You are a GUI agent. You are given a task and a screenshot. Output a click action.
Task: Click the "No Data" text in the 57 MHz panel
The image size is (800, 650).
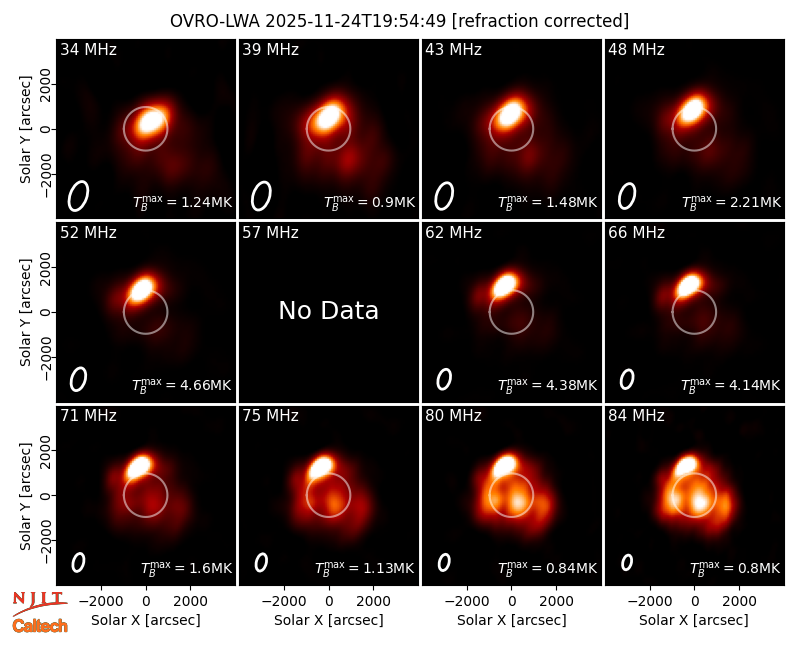click(x=329, y=311)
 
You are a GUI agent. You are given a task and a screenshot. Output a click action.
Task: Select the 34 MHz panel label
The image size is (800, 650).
click(x=88, y=49)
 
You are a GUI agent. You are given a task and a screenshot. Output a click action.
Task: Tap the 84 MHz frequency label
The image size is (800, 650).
click(x=636, y=416)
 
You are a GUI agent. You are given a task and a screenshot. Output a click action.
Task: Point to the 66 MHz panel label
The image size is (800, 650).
click(x=636, y=233)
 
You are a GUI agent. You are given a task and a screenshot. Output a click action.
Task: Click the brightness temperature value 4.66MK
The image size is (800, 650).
click(x=206, y=385)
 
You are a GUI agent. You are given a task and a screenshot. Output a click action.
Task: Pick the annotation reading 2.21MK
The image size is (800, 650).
click(x=755, y=202)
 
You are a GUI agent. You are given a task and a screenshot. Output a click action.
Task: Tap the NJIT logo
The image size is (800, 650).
click(x=40, y=602)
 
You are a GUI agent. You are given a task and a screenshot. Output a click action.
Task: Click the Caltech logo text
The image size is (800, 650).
click(x=40, y=626)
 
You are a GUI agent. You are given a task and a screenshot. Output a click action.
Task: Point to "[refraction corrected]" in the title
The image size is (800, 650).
click(x=540, y=21)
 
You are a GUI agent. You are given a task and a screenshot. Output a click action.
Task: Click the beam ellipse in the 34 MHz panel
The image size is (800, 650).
click(x=79, y=196)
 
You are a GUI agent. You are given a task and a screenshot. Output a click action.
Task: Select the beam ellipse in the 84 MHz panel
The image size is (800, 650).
click(x=627, y=563)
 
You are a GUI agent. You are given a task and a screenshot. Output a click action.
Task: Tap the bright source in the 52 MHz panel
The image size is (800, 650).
click(x=142, y=289)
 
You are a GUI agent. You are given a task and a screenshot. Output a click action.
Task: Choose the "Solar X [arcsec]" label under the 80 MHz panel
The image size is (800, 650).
click(x=511, y=620)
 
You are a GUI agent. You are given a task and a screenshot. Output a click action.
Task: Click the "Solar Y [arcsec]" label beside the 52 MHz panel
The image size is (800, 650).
click(x=26, y=312)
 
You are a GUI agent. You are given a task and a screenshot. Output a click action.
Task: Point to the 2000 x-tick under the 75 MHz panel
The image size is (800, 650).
click(x=373, y=602)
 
